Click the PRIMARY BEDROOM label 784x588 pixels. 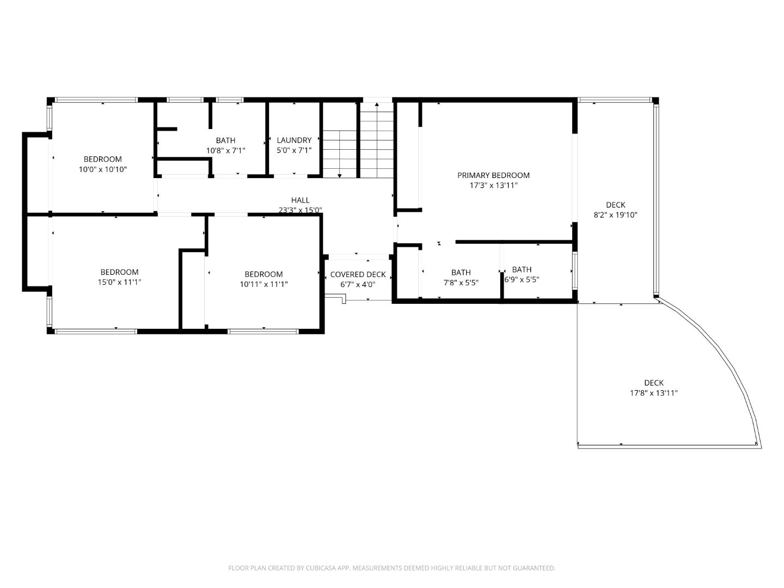pyautogui.click(x=493, y=175)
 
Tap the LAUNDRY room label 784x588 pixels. pyautogui.click(x=294, y=140)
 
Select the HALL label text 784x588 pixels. pyautogui.click(x=300, y=200)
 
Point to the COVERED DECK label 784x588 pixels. pyautogui.click(x=358, y=274)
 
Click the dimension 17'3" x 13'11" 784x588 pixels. pyautogui.click(x=493, y=186)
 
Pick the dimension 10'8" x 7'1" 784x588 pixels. pyautogui.click(x=225, y=151)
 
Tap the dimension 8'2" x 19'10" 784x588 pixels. pyautogui.click(x=615, y=215)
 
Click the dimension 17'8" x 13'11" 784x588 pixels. pyautogui.click(x=653, y=393)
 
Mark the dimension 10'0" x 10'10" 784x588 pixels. pyautogui.click(x=103, y=169)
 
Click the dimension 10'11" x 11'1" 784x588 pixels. pyautogui.click(x=264, y=284)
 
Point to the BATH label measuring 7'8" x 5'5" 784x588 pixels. pyautogui.click(x=461, y=273)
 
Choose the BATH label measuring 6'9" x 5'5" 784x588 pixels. pyautogui.click(x=522, y=269)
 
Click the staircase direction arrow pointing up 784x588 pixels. pyautogui.click(x=377, y=105)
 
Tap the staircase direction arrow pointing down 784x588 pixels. pyautogui.click(x=340, y=175)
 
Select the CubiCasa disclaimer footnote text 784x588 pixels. pyautogui.click(x=391, y=568)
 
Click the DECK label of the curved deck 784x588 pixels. pyautogui.click(x=653, y=383)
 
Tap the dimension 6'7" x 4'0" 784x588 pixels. pyautogui.click(x=358, y=284)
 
